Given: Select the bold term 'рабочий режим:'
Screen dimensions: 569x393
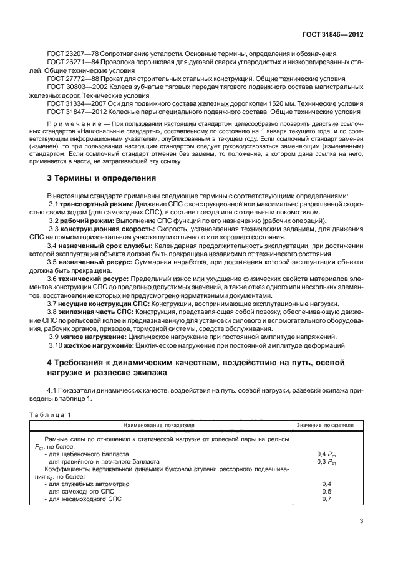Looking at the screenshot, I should (x=84, y=221).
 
